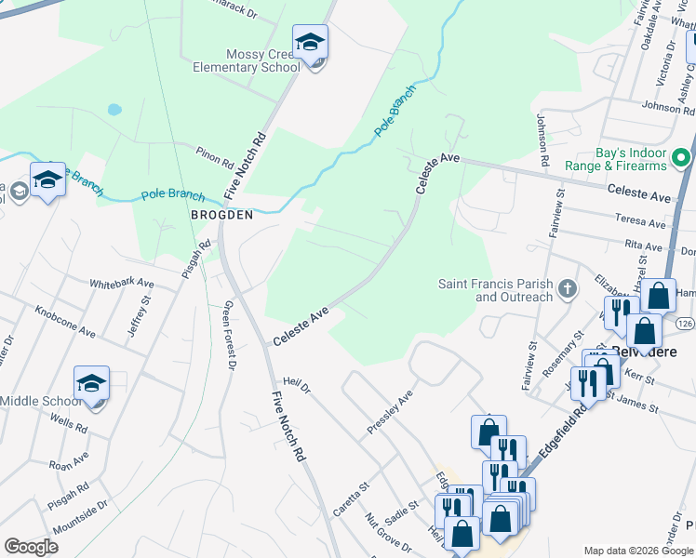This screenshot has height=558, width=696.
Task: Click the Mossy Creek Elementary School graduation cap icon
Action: click(310, 43)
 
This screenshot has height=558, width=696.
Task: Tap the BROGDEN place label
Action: click(221, 215)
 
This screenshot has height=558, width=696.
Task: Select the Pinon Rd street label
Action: click(214, 156)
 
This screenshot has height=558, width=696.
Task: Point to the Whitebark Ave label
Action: click(121, 283)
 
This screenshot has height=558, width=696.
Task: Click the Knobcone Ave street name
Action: click(65, 320)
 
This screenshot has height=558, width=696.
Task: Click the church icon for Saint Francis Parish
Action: click(566, 290)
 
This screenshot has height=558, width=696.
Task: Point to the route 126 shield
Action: click(685, 322)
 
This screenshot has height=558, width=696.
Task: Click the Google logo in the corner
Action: click(31, 547)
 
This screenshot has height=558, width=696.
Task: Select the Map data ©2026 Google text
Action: click(637, 551)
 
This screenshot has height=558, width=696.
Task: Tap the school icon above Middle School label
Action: click(91, 383)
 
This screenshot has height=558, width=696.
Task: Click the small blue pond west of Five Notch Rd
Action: click(114, 109)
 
